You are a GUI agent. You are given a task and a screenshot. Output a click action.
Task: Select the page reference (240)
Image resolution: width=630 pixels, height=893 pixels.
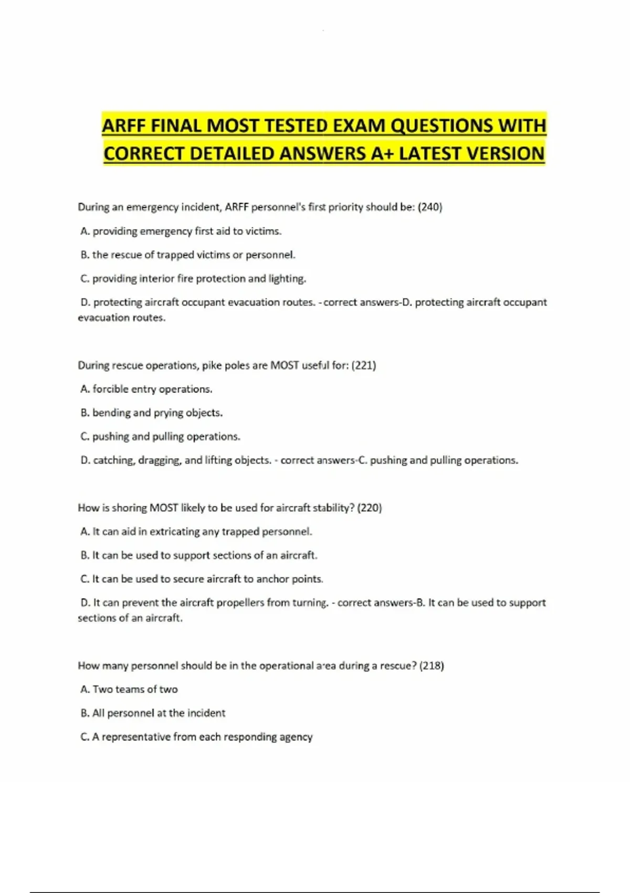430,207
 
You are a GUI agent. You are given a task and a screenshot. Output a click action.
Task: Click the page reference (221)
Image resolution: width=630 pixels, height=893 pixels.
363,365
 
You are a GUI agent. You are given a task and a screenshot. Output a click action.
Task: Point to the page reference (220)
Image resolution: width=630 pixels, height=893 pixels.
369,508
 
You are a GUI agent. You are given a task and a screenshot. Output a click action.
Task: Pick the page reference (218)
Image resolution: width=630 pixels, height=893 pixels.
432,666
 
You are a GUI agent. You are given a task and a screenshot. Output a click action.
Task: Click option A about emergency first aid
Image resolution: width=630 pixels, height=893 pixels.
181,231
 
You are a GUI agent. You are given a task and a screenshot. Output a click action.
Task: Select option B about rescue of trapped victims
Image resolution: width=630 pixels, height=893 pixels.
188,255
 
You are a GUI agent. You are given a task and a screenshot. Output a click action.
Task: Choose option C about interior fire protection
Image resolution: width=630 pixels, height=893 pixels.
193,278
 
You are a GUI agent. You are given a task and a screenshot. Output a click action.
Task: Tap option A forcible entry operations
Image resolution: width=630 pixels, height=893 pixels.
146,389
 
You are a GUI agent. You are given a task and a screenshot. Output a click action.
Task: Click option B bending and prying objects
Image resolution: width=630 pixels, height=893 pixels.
152,413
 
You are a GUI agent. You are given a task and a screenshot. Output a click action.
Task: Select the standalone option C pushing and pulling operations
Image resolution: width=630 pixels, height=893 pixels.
160,437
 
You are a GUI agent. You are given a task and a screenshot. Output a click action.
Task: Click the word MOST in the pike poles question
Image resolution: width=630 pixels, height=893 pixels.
284,365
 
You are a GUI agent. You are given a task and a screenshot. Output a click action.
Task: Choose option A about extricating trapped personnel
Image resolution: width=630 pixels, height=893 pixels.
196,532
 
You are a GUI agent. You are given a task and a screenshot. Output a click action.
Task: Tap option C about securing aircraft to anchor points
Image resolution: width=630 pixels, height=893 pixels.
202,579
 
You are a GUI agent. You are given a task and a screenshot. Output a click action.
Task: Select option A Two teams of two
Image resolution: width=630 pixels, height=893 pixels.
129,689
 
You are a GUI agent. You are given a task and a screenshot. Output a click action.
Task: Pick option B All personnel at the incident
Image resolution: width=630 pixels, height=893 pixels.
153,713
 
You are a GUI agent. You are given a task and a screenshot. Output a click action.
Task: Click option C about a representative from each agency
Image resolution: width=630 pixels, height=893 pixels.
196,737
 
